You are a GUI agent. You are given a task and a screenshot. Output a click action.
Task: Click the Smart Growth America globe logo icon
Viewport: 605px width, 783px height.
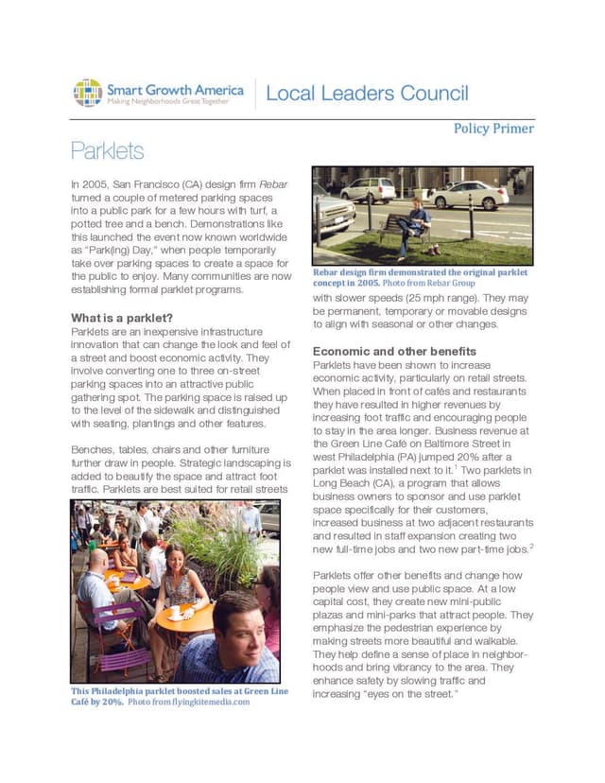[88, 93]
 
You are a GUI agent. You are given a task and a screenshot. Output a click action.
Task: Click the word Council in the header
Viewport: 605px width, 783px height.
[429, 94]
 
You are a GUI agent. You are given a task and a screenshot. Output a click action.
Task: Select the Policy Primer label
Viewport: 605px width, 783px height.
[493, 129]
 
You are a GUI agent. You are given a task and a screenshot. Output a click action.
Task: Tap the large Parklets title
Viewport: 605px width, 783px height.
[107, 151]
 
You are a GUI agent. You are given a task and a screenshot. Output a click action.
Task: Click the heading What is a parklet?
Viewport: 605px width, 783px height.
[121, 318]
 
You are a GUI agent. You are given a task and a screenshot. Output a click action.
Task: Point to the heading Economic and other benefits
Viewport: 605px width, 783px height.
[394, 351]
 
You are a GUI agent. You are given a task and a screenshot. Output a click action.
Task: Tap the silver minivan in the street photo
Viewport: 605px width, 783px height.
[369, 189]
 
